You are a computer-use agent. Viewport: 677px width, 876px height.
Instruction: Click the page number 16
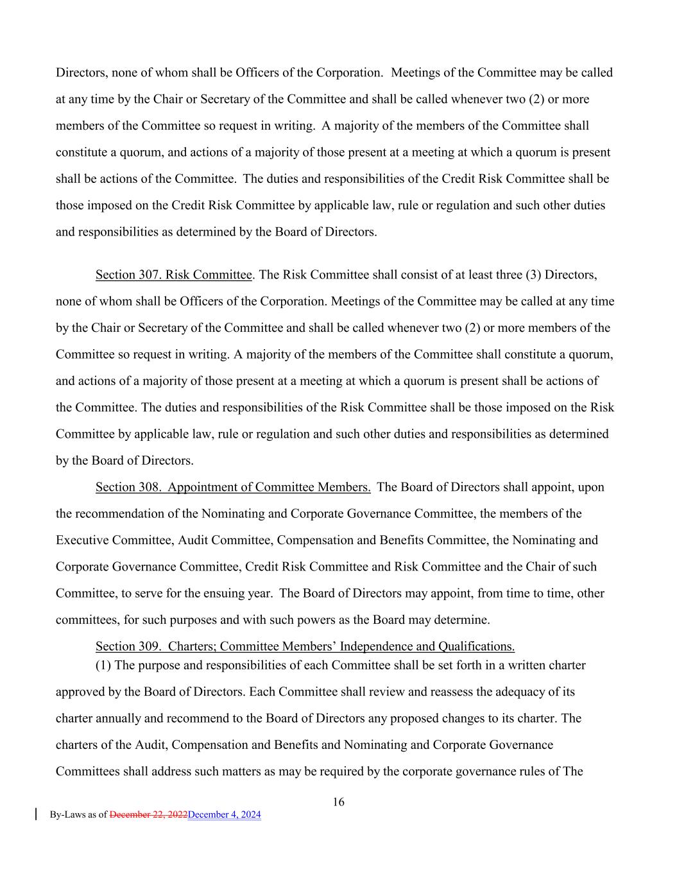point(338,802)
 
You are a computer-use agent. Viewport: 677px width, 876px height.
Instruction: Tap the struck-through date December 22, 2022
point(148,814)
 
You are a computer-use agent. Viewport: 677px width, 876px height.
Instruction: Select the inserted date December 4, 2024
point(225,814)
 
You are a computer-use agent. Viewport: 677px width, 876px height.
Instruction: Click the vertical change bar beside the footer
point(36,814)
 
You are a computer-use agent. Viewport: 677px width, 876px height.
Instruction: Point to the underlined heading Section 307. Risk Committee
point(173,275)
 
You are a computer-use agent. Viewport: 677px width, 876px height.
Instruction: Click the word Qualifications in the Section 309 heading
point(476,646)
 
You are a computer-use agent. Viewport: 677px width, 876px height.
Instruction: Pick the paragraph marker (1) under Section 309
point(103,665)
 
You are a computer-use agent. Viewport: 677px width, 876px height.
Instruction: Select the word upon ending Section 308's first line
point(591,487)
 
